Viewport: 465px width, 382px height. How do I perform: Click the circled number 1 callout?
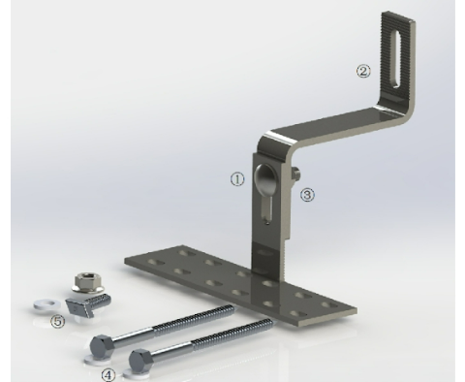[x=234, y=179]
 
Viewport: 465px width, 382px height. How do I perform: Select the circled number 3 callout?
[x=307, y=194]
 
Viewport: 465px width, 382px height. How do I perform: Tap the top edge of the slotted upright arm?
[x=398, y=15]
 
